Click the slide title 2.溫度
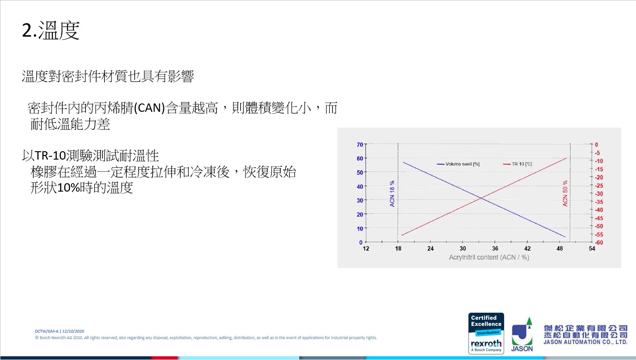click(x=51, y=30)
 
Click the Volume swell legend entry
click(x=458, y=164)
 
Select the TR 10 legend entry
click(x=517, y=164)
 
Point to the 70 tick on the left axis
click(x=360, y=145)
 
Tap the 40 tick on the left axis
click(x=360, y=186)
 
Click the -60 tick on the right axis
click(x=599, y=243)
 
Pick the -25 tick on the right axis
click(x=599, y=186)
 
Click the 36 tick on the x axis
click(x=495, y=249)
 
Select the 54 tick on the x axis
click(x=592, y=249)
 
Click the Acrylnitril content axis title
click(x=489, y=257)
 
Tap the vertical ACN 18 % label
click(x=392, y=193)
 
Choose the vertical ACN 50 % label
click(x=565, y=193)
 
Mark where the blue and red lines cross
click(x=481, y=198)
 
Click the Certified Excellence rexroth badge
click(x=486, y=334)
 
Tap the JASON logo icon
click(x=522, y=334)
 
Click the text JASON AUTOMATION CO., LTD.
click(x=585, y=342)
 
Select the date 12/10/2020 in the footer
click(x=73, y=331)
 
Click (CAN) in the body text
click(x=149, y=108)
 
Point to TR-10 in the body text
click(x=50, y=155)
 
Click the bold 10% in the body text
click(x=68, y=187)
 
